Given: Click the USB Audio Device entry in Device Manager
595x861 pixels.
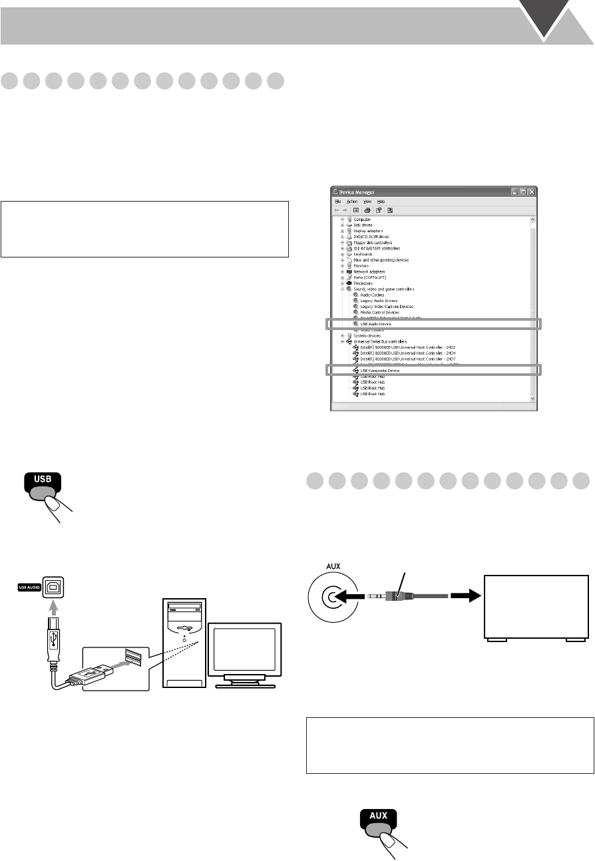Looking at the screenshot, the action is click(375, 324).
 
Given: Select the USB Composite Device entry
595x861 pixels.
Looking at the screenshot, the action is click(379, 371).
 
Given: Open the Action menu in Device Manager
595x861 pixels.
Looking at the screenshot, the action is click(352, 201).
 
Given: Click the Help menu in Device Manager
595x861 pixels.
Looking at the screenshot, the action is click(381, 201).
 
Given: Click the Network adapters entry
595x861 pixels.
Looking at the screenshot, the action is click(368, 271).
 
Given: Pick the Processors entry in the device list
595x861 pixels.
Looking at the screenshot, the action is click(363, 283).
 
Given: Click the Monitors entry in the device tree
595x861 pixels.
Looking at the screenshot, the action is click(362, 265).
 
